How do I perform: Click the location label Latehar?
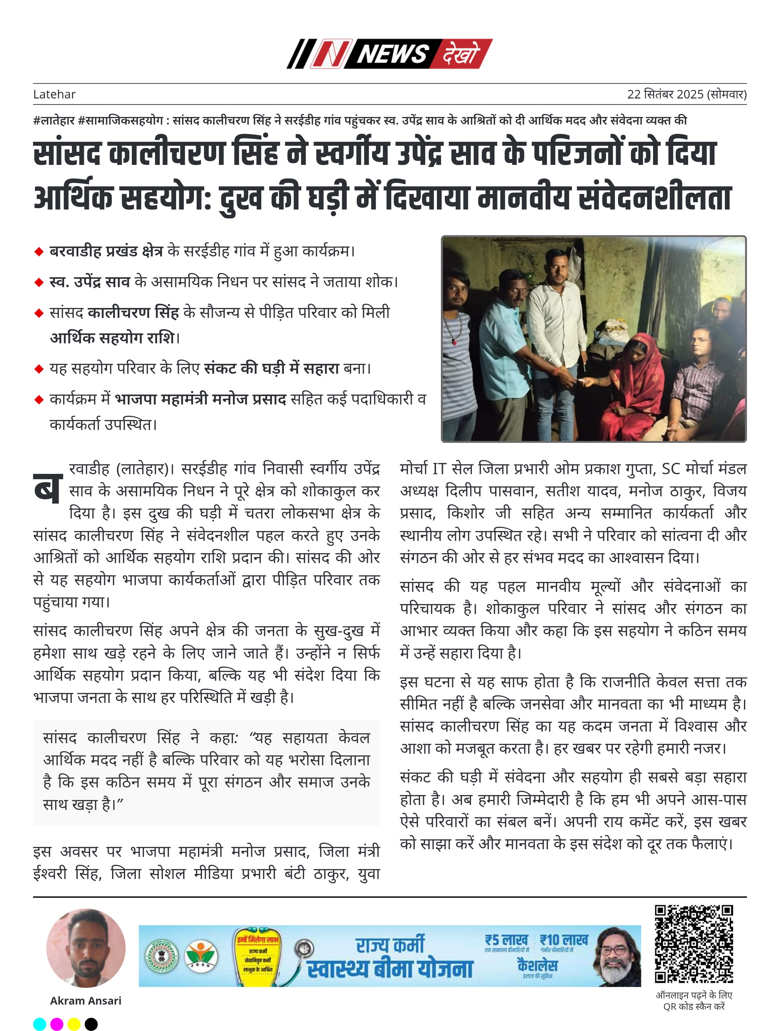point(54,94)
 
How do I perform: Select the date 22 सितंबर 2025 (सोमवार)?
point(686,94)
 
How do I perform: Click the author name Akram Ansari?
point(86,1000)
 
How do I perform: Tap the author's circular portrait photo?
point(86,948)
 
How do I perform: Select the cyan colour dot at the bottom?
point(40,1024)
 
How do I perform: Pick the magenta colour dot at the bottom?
point(57,1024)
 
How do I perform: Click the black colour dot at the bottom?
point(91,1024)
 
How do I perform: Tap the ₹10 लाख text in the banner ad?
point(564,940)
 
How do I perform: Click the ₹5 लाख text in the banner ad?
point(506,940)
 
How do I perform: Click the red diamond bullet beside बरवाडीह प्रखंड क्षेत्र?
point(39,252)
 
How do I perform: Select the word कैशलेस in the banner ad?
point(537,964)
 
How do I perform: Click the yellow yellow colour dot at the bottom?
point(74,1024)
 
